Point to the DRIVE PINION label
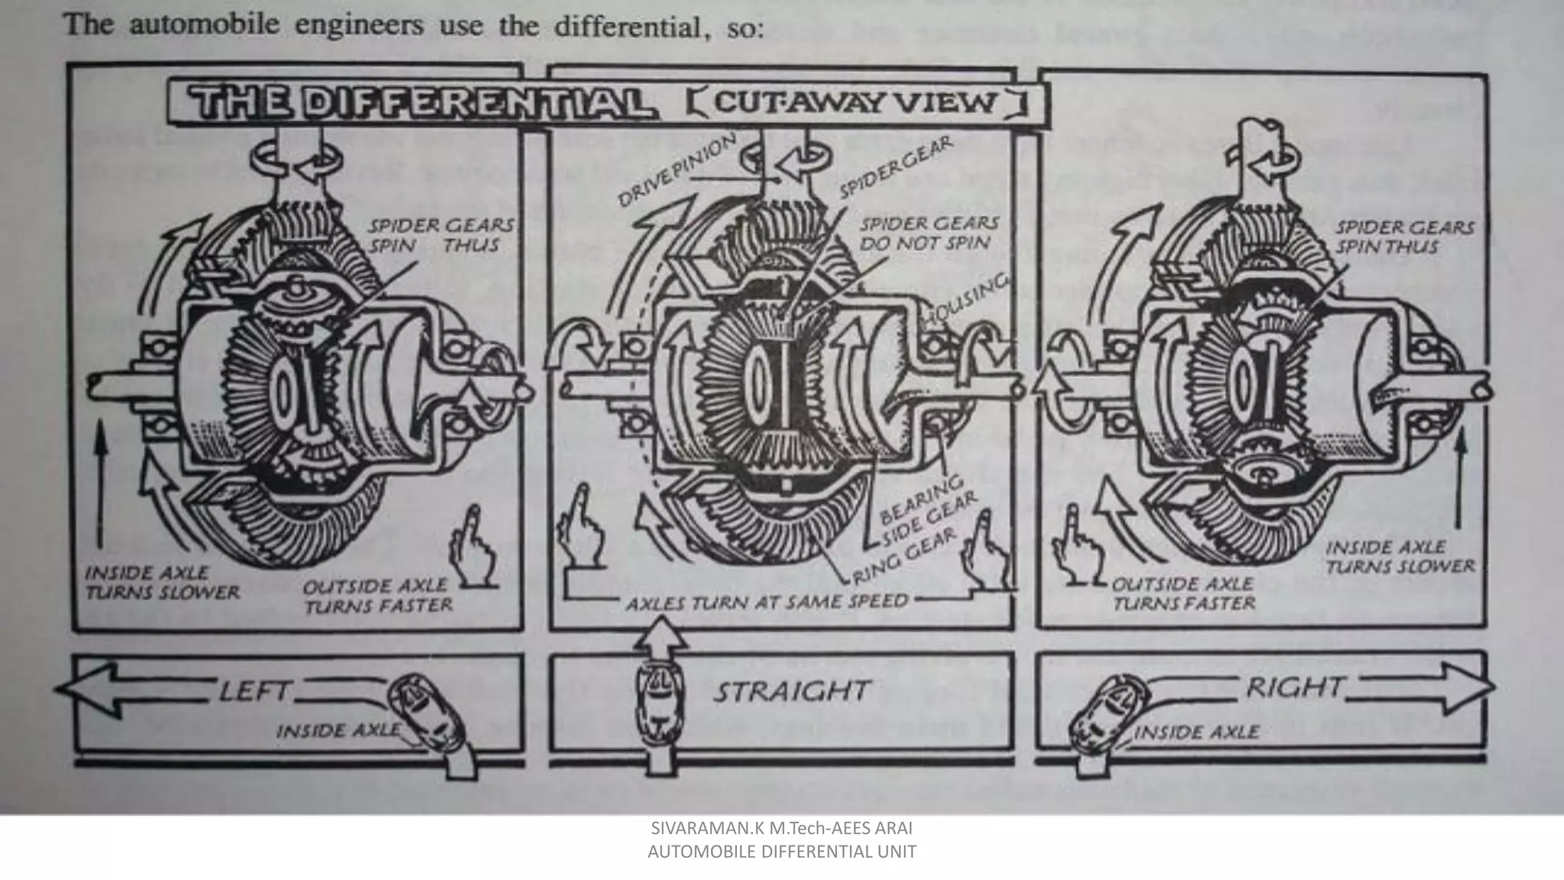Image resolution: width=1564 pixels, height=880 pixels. click(677, 172)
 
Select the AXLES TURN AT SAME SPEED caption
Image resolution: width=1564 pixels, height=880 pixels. click(767, 603)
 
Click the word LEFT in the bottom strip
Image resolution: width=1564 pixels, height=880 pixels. click(254, 692)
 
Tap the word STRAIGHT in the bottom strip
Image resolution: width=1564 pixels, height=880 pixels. click(791, 691)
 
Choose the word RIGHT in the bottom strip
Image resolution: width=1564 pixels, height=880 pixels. click(1294, 688)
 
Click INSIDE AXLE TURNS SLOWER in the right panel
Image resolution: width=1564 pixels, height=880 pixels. click(1400, 557)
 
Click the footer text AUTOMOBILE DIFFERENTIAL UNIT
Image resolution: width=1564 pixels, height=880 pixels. click(781, 852)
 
